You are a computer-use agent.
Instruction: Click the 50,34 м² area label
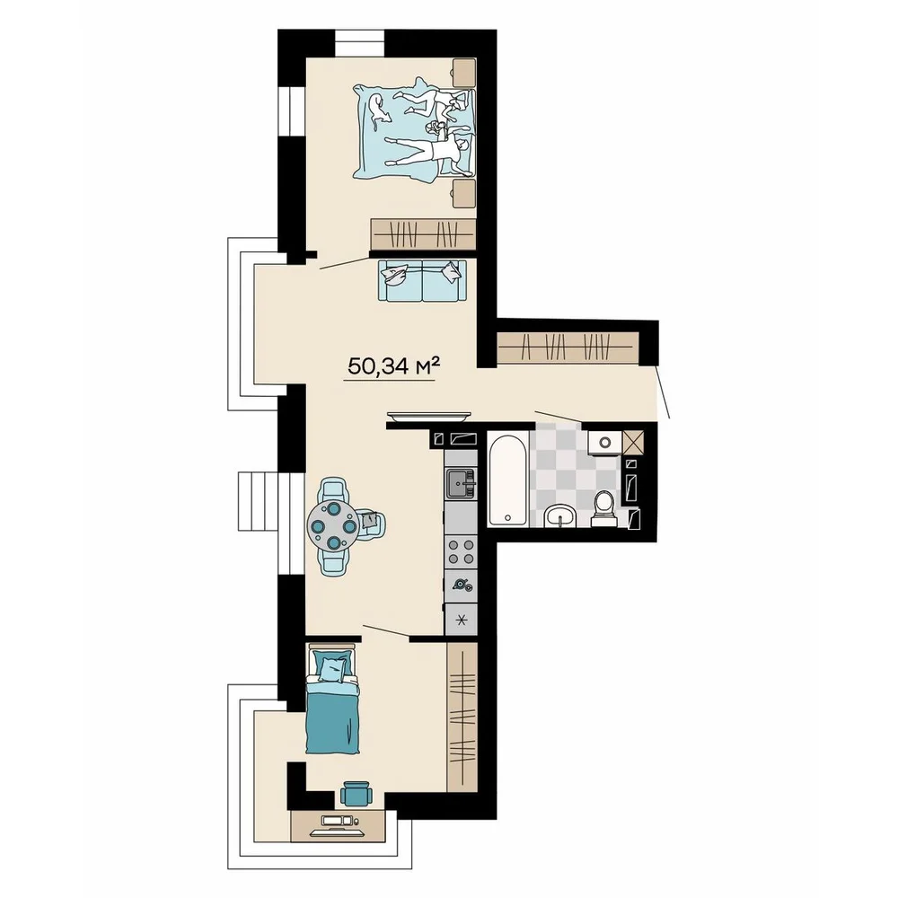click(393, 365)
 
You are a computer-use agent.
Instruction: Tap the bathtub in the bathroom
click(507, 479)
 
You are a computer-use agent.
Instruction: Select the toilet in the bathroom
click(604, 508)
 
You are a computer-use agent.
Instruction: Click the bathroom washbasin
click(560, 515)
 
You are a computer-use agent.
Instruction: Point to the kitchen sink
click(461, 484)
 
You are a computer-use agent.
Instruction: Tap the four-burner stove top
click(461, 551)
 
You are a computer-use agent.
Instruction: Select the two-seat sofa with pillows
click(420, 280)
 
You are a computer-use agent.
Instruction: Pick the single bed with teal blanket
click(333, 700)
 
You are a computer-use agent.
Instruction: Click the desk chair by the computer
click(356, 794)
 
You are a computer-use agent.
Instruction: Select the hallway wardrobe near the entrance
click(568, 347)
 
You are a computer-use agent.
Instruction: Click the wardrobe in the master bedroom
click(423, 233)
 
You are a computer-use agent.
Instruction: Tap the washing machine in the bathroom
click(604, 442)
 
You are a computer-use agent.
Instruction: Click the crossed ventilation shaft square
click(632, 442)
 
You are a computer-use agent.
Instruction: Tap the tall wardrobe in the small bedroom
click(462, 717)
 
